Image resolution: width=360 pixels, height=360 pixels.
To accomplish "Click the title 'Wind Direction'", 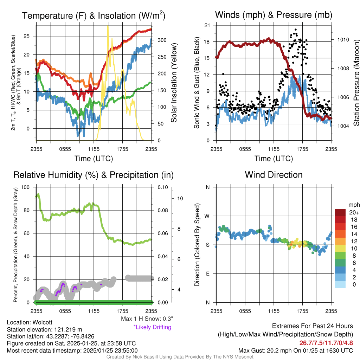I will [x=274, y=175].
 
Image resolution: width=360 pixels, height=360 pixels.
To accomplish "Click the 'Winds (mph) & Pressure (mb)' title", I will [x=274, y=15].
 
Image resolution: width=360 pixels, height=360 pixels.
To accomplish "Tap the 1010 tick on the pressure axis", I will [x=343, y=40].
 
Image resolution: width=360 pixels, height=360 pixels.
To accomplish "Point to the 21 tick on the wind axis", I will [x=207, y=25].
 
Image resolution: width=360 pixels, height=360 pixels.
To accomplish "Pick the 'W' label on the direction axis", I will [x=207, y=216].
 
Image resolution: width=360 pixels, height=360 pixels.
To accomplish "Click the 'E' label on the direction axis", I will [x=207, y=274].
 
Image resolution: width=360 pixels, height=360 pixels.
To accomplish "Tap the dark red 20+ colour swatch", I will [x=340, y=212].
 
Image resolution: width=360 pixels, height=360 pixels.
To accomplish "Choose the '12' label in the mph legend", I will [x=354, y=241].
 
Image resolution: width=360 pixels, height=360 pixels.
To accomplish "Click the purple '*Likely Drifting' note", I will [x=152, y=327].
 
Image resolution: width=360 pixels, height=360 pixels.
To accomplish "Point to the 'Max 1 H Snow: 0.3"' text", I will [x=147, y=319].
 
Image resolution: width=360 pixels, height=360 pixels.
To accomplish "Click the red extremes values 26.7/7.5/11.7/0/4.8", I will [x=326, y=343].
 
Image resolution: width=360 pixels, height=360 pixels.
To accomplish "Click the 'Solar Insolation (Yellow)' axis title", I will [x=174, y=83].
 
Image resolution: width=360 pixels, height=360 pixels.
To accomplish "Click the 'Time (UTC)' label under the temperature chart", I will [x=94, y=159].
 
